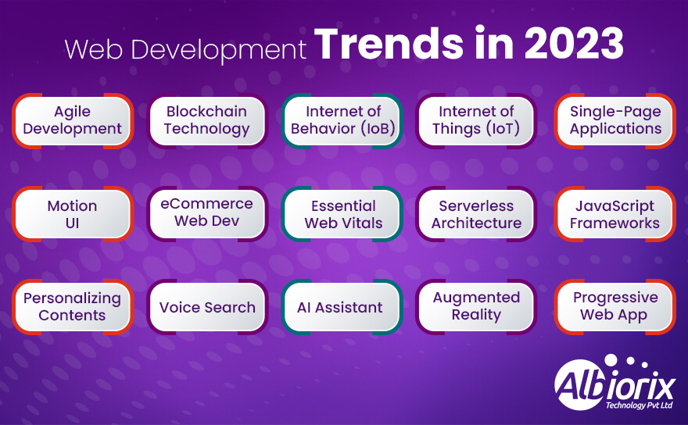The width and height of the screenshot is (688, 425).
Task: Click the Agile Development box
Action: [x=72, y=120]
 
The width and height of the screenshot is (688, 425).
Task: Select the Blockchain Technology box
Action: [x=207, y=120]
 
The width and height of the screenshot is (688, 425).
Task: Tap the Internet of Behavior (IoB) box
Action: [x=342, y=120]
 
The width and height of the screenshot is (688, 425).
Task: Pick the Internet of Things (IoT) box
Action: [x=476, y=120]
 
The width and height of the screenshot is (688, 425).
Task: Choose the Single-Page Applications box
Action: [x=615, y=120]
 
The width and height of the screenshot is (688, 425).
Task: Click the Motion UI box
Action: [x=72, y=214]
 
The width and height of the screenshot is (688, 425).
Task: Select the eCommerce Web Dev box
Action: [x=207, y=212]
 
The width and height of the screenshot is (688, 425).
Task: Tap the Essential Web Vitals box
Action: [x=342, y=214]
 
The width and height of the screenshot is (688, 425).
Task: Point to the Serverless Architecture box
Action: [x=476, y=214]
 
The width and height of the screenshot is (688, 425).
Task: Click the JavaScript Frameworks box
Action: [x=615, y=214]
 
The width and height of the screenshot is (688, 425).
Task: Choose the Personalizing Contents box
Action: [x=72, y=307]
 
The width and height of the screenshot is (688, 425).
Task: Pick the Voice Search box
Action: [x=207, y=307]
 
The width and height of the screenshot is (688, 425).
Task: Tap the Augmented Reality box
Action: [x=476, y=306]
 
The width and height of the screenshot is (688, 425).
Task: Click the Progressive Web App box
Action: [x=615, y=306]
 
